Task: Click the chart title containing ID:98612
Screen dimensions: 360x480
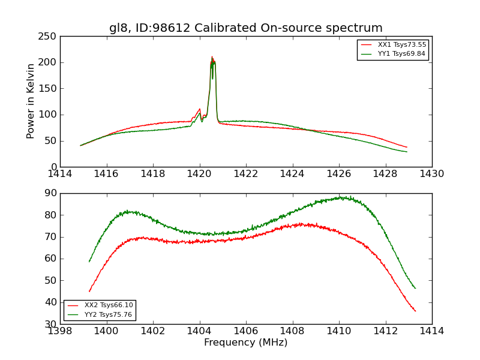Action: [x=245, y=28]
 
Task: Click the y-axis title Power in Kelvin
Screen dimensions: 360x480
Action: [x=31, y=101]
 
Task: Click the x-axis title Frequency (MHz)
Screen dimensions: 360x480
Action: [x=245, y=343]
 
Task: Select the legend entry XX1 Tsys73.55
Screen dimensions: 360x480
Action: [x=401, y=45]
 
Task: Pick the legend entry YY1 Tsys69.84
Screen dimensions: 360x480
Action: [x=401, y=54]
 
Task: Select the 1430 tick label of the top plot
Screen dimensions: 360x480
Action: [x=431, y=173]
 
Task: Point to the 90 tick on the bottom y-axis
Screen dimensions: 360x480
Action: [x=52, y=193]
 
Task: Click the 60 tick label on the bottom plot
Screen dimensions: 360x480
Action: [x=52, y=259]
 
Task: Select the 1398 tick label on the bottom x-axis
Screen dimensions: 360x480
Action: [x=60, y=331]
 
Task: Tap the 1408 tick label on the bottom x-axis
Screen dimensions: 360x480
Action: [x=292, y=331]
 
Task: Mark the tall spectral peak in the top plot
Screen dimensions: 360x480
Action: [x=212, y=58]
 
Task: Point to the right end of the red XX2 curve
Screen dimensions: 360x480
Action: [x=415, y=311]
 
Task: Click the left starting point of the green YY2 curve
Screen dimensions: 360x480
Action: [x=89, y=262]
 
